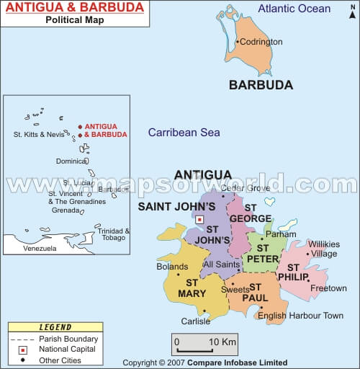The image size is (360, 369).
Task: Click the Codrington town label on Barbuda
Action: [x=261, y=42]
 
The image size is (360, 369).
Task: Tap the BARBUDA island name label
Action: [x=261, y=85]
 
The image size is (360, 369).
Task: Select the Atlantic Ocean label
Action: [x=294, y=9]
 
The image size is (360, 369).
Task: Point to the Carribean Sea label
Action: [x=184, y=133]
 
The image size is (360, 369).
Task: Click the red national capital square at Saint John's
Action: [x=200, y=219]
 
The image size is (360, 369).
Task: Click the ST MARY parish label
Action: [x=192, y=288]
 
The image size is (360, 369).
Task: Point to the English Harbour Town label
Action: [x=300, y=316]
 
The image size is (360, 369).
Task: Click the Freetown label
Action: [x=328, y=288]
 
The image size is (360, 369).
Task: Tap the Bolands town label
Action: [x=172, y=267]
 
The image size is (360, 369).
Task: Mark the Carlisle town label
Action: [x=196, y=321]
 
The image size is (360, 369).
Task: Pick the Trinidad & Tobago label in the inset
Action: [x=113, y=236]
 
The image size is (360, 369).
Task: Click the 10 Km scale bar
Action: [x=195, y=341]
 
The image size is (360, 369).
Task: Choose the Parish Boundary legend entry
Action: [x=54, y=339]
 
